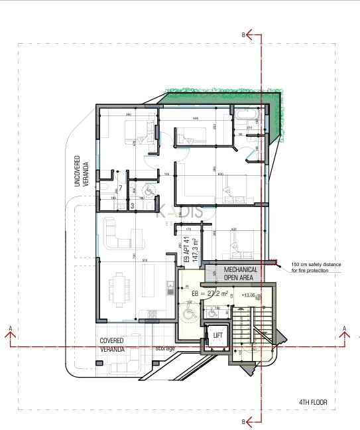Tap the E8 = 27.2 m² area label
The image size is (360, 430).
[x=210, y=293]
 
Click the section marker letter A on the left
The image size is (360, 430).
[x=11, y=328]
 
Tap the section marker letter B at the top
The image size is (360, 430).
[x=244, y=35]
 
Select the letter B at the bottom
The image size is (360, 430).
[x=244, y=421]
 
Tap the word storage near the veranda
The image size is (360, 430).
[x=166, y=348]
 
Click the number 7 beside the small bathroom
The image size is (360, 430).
[x=120, y=188]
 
